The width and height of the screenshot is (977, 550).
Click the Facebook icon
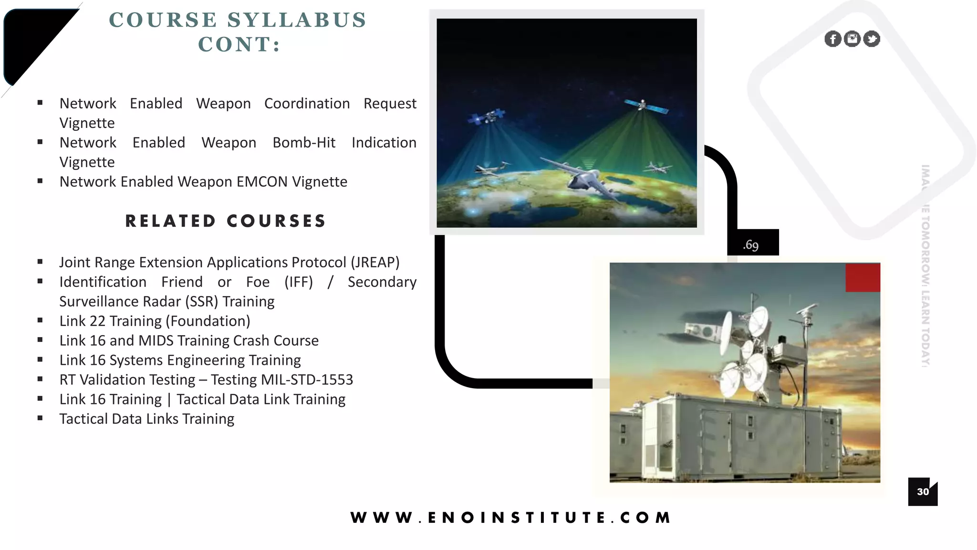tap(833, 39)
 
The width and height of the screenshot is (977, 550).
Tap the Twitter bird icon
tap(872, 39)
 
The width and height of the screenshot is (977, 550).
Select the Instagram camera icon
tap(852, 39)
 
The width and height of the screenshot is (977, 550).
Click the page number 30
tap(923, 492)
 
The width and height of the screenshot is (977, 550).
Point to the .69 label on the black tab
tap(750, 245)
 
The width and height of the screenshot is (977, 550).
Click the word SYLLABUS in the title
tap(297, 20)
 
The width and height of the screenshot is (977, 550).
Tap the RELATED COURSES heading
tap(226, 221)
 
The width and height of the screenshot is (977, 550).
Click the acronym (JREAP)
tap(375, 262)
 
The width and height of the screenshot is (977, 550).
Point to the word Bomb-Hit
tap(304, 143)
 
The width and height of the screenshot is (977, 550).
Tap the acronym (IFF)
tap(299, 282)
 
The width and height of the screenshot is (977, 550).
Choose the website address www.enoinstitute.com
tap(511, 518)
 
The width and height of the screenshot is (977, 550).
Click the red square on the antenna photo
tap(863, 277)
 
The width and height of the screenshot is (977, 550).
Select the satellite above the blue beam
tap(487, 116)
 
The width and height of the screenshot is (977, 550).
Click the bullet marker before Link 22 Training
tap(40, 320)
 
